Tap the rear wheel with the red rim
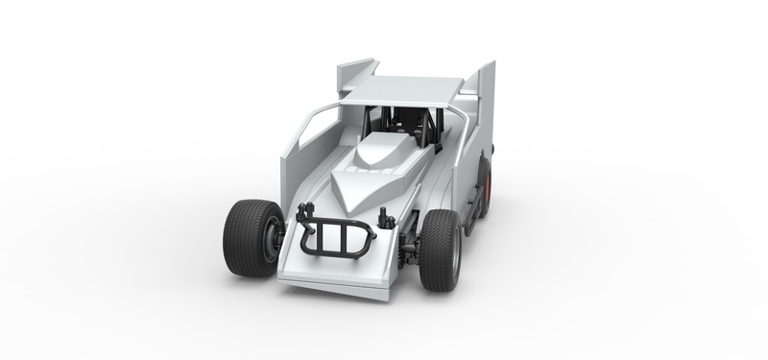[483, 185]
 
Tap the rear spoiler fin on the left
[355, 75]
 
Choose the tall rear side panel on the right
[480, 106]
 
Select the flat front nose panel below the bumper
[331, 274]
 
